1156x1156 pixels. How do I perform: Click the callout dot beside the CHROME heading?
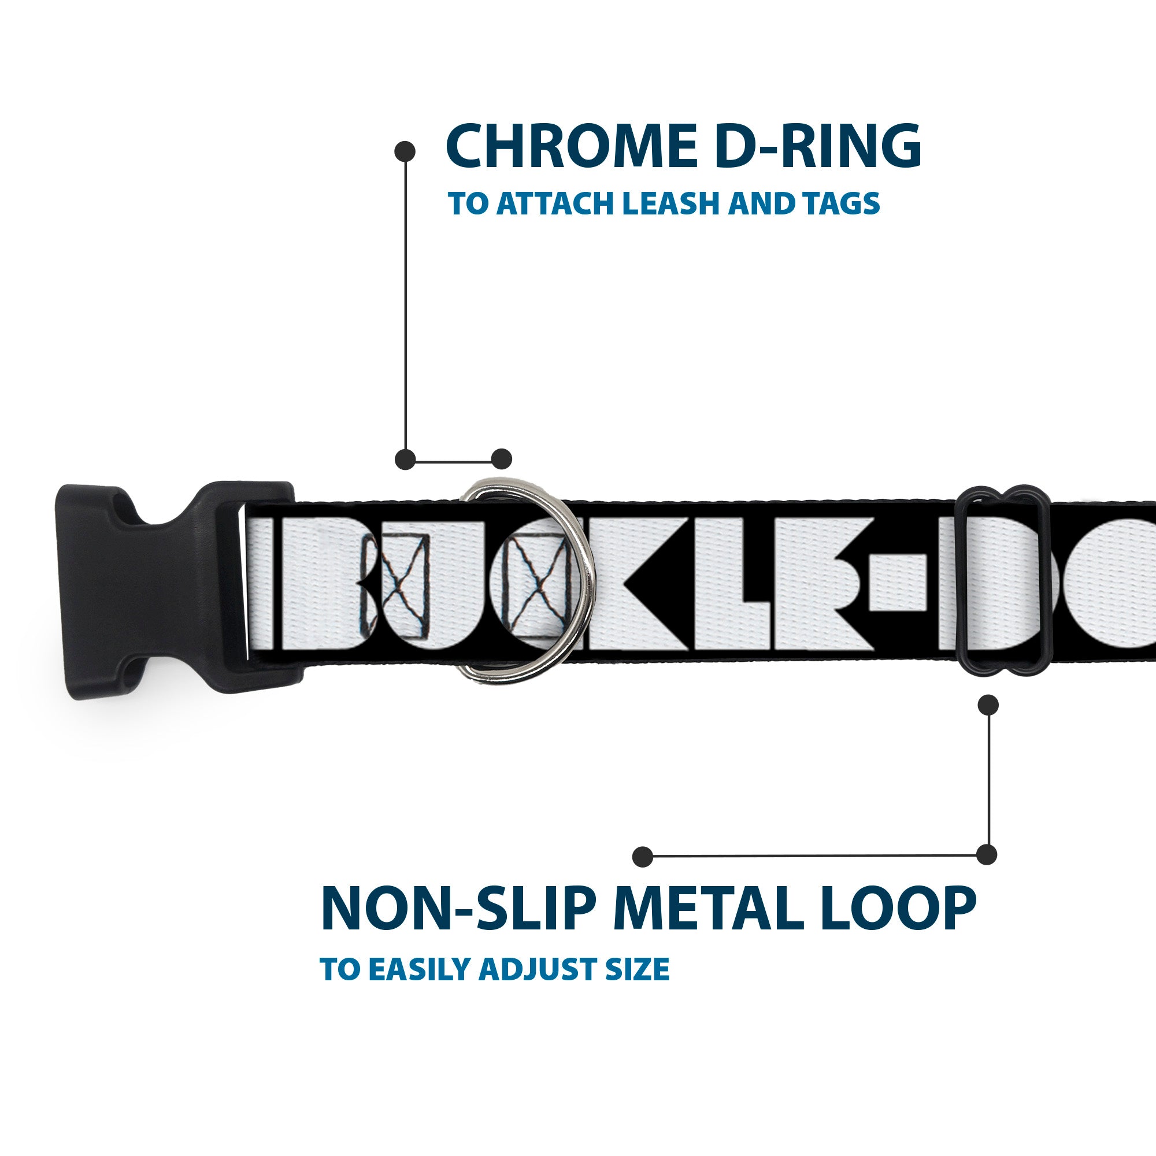pos(405,151)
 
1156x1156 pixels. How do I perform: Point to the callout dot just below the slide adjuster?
pos(988,705)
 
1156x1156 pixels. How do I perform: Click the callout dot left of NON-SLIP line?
pos(642,856)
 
